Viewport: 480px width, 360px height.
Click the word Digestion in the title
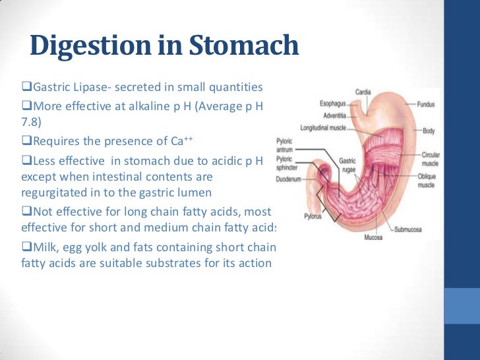tap(96, 47)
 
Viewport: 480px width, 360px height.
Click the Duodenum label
tap(287, 177)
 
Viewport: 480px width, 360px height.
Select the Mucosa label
tap(375, 236)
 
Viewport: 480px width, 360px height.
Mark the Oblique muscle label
tap(427, 181)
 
